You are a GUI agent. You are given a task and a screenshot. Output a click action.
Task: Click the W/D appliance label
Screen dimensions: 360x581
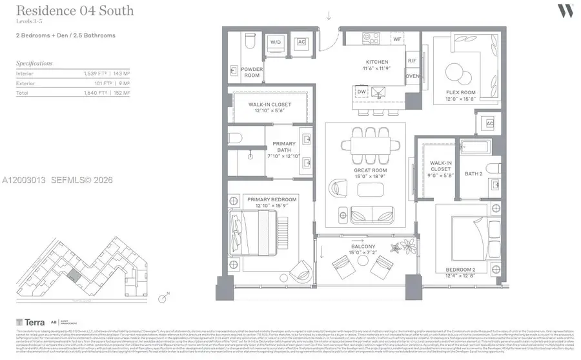(276, 43)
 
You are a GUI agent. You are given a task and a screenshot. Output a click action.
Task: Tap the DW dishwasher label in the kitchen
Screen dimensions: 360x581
(362, 92)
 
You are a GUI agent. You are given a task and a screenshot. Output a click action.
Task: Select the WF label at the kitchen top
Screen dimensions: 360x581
(397, 39)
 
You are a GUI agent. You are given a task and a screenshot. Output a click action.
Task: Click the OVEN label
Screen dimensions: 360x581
(412, 76)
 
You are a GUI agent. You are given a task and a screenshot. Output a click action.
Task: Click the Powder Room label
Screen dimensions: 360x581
(251, 72)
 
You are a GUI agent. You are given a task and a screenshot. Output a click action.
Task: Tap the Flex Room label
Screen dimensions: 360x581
(461, 93)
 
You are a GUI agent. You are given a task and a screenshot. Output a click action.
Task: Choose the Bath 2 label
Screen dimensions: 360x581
(473, 174)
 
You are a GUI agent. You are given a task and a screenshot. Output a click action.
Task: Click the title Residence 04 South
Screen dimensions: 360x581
(75, 10)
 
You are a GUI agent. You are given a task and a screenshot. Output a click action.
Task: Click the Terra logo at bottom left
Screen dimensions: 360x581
(30, 321)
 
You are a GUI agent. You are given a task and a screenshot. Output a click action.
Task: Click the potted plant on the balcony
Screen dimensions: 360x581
(408, 246)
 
